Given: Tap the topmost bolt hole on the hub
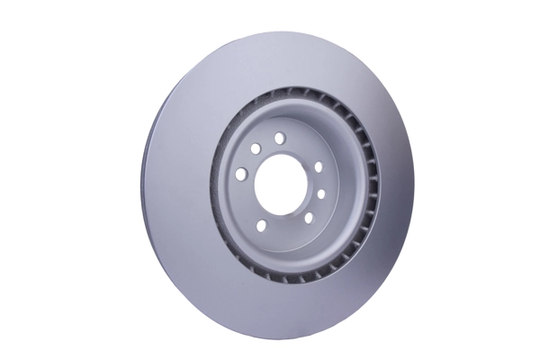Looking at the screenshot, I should (x=280, y=137).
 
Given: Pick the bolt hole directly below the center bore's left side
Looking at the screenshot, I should (x=263, y=225).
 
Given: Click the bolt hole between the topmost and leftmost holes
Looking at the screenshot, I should (x=256, y=148).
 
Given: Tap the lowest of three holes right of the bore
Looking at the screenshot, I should (x=307, y=218).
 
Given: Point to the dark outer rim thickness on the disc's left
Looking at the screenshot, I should (x=146, y=180).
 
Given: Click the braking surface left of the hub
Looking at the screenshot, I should (x=180, y=180).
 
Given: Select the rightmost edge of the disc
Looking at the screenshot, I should (x=414, y=184).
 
